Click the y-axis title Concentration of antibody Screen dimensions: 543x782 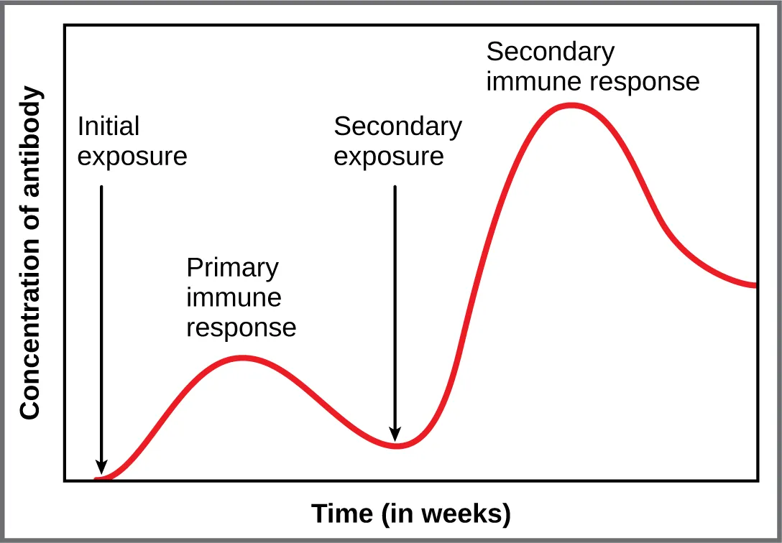pos(30,253)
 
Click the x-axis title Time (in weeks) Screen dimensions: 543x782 pos(410,514)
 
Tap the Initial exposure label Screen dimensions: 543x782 pos(132,141)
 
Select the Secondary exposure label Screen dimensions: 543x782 pos(397,141)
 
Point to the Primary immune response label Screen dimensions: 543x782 pos(241,297)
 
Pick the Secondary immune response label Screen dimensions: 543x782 pos(592,67)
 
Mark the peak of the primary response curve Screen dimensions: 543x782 pos(242,357)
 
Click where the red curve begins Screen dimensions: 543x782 pos(96,478)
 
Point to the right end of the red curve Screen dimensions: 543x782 pos(755,285)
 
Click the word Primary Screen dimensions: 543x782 pos(232,268)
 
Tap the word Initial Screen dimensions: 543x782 pos(108,127)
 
